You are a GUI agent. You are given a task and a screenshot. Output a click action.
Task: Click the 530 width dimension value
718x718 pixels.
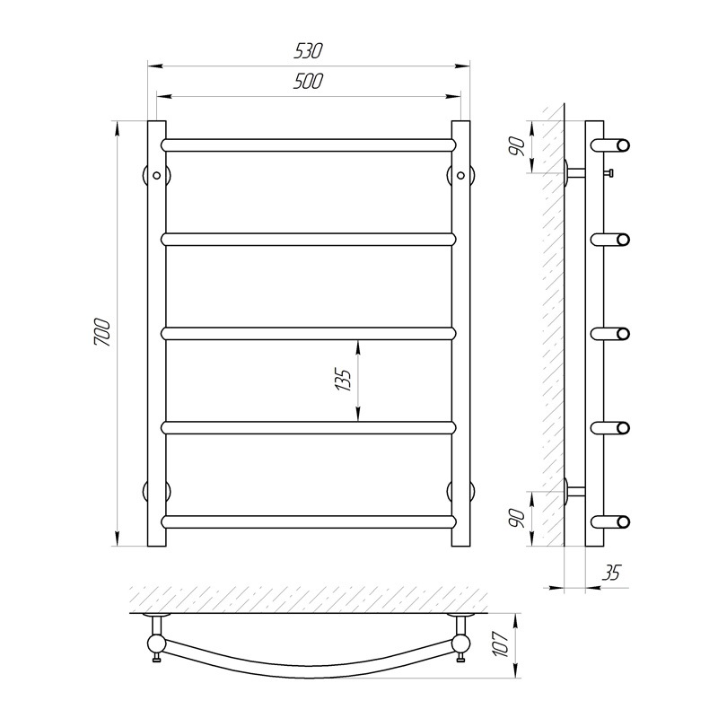pyautogui.click(x=308, y=51)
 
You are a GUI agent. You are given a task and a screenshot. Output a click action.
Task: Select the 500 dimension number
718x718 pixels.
pyautogui.click(x=308, y=82)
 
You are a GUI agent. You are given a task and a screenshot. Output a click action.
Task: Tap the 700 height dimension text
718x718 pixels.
pyautogui.click(x=102, y=332)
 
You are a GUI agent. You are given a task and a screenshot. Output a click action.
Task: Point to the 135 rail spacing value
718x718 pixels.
pyautogui.click(x=344, y=379)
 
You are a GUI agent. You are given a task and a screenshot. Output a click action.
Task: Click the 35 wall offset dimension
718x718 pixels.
pyautogui.click(x=612, y=573)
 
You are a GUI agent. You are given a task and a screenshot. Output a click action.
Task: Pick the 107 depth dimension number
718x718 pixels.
pyautogui.click(x=502, y=644)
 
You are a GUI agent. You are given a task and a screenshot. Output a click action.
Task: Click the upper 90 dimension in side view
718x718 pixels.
pyautogui.click(x=518, y=146)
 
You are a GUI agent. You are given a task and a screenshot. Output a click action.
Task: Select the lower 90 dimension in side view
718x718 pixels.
pyautogui.click(x=518, y=518)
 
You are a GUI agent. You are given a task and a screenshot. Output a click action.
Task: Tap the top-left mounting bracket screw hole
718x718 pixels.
pyautogui.click(x=156, y=175)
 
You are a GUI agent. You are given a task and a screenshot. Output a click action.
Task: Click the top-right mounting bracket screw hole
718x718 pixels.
pyautogui.click(x=460, y=175)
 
